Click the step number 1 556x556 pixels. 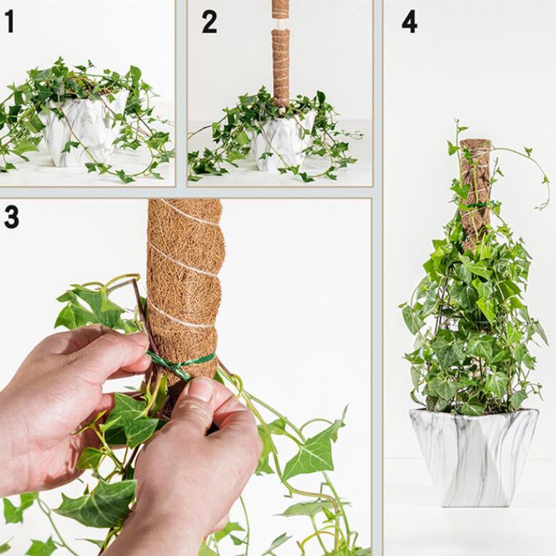tap(9, 22)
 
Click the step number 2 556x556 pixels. tap(209, 22)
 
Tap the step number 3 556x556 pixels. tap(11, 217)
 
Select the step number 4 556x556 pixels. tap(410, 22)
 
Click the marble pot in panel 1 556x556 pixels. tap(83, 130)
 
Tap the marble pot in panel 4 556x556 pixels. tap(474, 458)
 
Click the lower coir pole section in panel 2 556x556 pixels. tap(281, 67)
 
